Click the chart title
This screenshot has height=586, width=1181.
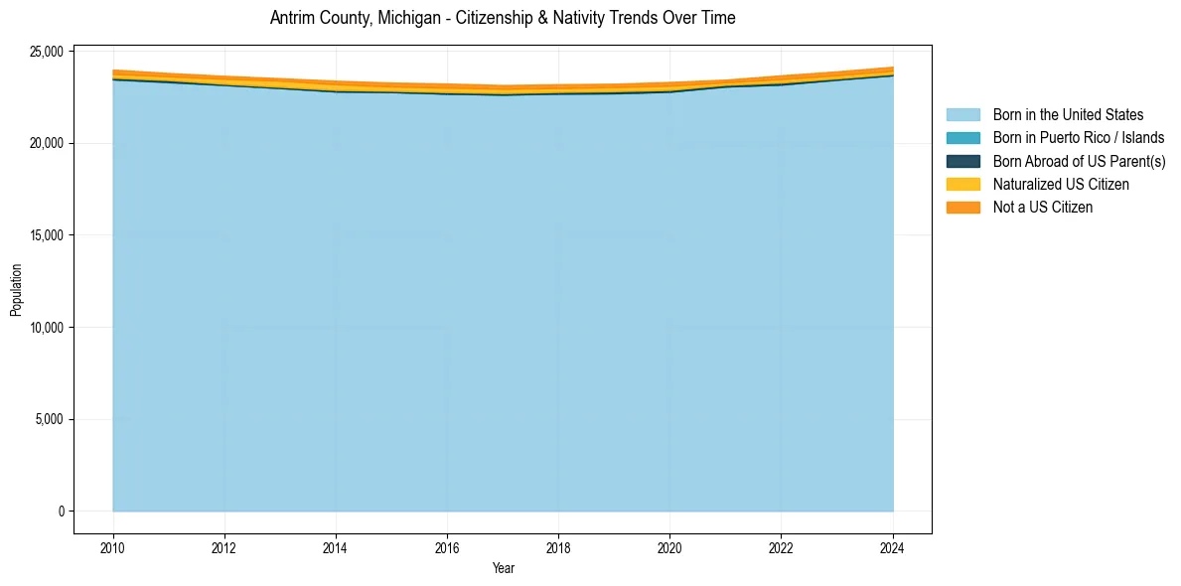[x=503, y=18]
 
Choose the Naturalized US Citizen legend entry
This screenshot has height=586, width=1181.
[x=1061, y=184]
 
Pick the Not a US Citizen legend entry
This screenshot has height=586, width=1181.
[x=1043, y=207]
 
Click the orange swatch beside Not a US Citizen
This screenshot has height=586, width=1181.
[x=962, y=207]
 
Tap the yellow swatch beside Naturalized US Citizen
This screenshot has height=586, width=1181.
[x=962, y=184]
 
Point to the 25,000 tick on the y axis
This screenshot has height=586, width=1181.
[x=48, y=52]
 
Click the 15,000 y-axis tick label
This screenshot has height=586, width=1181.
[x=48, y=235]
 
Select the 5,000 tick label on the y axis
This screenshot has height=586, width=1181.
[x=51, y=419]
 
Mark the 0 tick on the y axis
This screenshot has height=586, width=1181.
[x=62, y=512]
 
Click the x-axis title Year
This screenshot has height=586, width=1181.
[x=503, y=568]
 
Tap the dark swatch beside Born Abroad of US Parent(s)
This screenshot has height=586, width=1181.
[x=962, y=161]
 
